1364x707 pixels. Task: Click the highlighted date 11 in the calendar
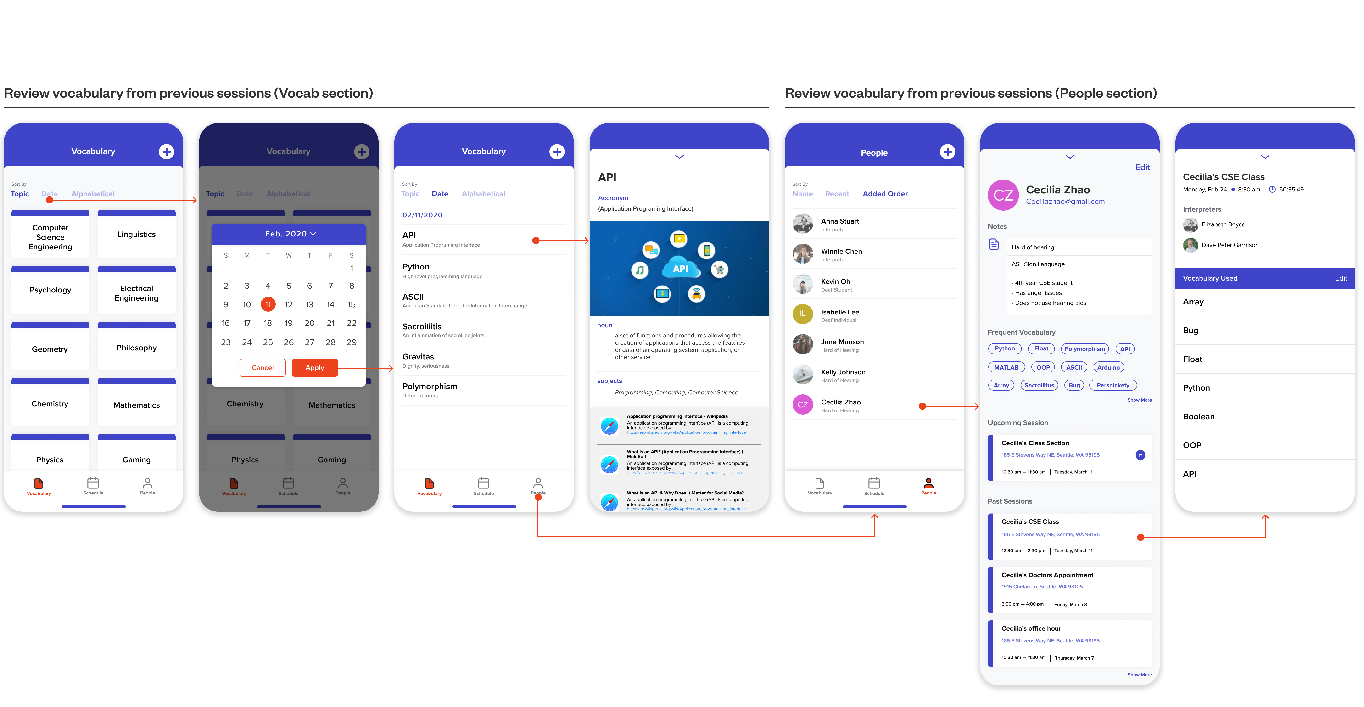(x=268, y=304)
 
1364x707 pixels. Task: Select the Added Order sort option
(x=885, y=194)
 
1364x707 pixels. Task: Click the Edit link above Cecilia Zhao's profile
(x=1142, y=167)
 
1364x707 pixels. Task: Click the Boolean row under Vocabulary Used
(x=1199, y=417)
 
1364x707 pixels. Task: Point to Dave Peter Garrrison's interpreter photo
(x=1190, y=245)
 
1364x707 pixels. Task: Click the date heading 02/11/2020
(x=422, y=215)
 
